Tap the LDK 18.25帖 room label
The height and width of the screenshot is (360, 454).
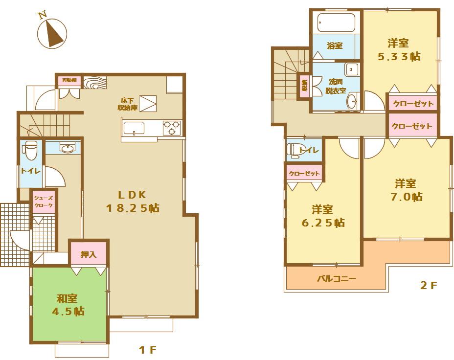(133, 201)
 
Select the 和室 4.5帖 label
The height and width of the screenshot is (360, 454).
(69, 305)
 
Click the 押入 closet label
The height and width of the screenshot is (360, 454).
(89, 254)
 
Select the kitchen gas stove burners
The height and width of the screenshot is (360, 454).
(172, 128)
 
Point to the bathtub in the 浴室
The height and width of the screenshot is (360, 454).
(336, 22)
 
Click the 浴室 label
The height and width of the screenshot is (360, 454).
(335, 45)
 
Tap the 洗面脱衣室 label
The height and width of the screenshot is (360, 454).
(337, 86)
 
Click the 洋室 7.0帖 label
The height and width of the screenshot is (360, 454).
(406, 190)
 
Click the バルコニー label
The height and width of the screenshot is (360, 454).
(337, 279)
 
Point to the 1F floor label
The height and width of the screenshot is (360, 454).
(147, 350)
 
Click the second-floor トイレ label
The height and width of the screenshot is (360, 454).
(309, 151)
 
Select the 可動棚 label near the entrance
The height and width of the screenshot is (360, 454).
(69, 80)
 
